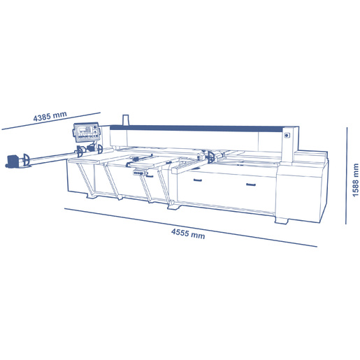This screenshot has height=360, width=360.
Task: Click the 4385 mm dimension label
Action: tap(50, 117)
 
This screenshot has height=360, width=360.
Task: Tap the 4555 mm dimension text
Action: tap(188, 233)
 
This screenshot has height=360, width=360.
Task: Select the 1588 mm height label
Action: tap(355, 180)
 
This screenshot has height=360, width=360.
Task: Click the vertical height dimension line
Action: tap(347, 175)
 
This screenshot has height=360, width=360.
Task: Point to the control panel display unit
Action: tap(87, 132)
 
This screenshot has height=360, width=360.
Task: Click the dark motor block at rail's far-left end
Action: tap(13, 161)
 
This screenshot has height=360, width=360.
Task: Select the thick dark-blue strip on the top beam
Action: tap(198, 129)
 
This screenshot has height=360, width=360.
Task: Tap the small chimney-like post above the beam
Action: tap(126, 120)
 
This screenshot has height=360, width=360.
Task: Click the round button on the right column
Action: tap(287, 136)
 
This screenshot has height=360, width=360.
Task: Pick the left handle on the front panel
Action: tap(198, 180)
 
